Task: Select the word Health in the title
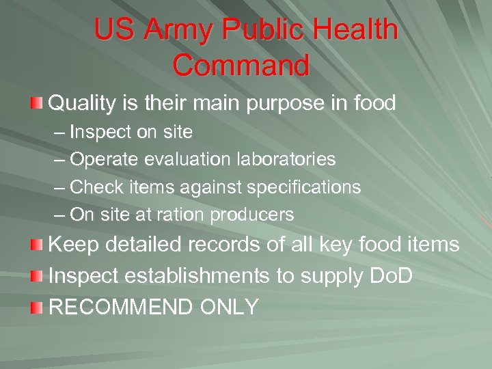[357, 30]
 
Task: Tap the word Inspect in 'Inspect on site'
[100, 132]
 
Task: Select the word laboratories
[284, 159]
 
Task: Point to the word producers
[252, 215]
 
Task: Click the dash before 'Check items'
[60, 187]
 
